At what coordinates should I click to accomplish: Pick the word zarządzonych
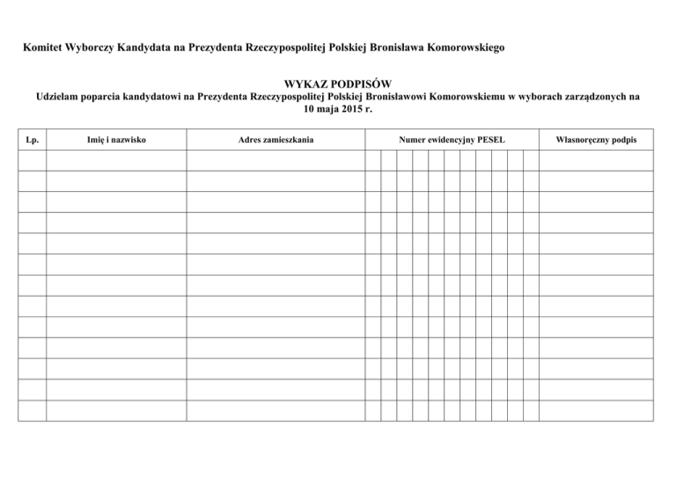(589, 97)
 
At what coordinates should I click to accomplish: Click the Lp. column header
(33, 140)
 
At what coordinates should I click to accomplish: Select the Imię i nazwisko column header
(117, 140)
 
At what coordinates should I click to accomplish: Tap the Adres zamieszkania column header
(276, 140)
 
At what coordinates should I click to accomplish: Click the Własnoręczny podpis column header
(598, 140)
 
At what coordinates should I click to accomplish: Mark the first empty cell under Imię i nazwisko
(116, 160)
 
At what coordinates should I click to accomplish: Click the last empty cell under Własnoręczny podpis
(597, 411)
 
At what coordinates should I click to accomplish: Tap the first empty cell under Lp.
(33, 160)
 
